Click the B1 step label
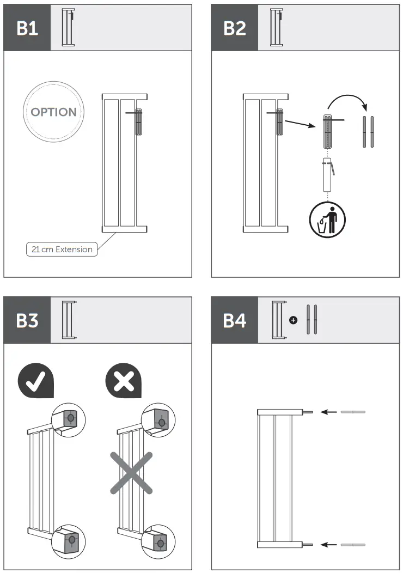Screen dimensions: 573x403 [x=27, y=28]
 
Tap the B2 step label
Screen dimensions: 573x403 [x=234, y=28]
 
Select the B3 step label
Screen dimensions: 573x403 [x=27, y=320]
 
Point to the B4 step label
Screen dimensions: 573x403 [x=234, y=320]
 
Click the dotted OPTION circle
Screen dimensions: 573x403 [x=53, y=112]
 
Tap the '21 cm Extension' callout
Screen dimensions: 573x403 [x=62, y=249]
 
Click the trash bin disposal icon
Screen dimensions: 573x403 [x=327, y=220]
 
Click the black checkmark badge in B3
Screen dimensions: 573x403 [x=36, y=381]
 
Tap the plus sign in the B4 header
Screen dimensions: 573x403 [x=293, y=320]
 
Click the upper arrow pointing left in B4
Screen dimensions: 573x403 [x=328, y=412]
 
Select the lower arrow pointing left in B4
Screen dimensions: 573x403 [x=328, y=544]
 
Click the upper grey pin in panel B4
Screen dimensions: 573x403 [x=353, y=412]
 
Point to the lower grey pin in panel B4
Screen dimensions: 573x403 [x=353, y=544]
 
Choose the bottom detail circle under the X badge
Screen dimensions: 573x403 [x=159, y=541]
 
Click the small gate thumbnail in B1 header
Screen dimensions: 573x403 [x=69, y=28]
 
